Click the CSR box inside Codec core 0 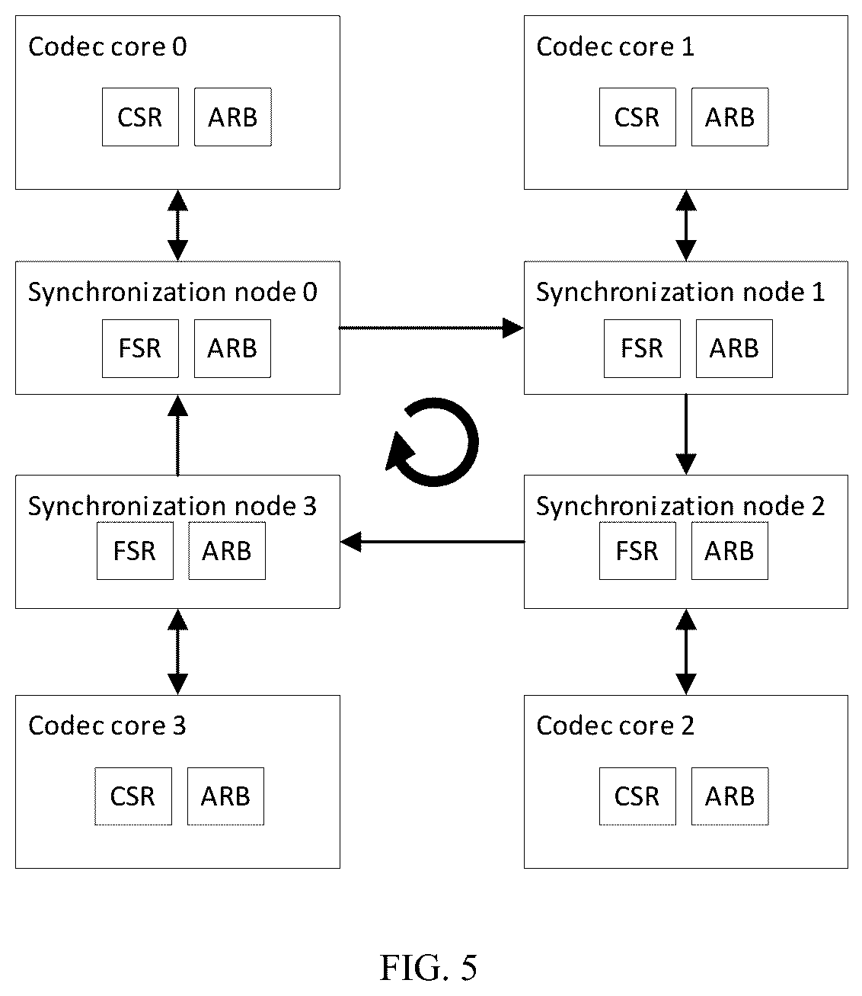[x=140, y=117]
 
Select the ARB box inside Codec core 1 [x=730, y=117]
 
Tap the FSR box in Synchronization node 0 [x=140, y=348]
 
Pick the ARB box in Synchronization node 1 [x=734, y=348]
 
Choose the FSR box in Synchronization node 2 [x=637, y=551]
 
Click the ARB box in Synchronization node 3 [x=227, y=551]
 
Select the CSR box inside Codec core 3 [x=133, y=796]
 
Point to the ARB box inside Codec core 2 [x=730, y=796]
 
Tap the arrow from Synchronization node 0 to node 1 [x=432, y=328]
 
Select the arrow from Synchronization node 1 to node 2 [x=686, y=434]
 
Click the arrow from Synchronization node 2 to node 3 [x=433, y=542]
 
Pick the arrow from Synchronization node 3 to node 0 [x=177, y=435]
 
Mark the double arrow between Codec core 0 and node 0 [x=177, y=226]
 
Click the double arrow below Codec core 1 [x=686, y=226]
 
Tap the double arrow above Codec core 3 [x=177, y=652]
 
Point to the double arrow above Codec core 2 [x=686, y=652]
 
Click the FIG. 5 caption [x=429, y=968]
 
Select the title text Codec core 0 [x=107, y=47]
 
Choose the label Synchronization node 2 [x=681, y=507]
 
